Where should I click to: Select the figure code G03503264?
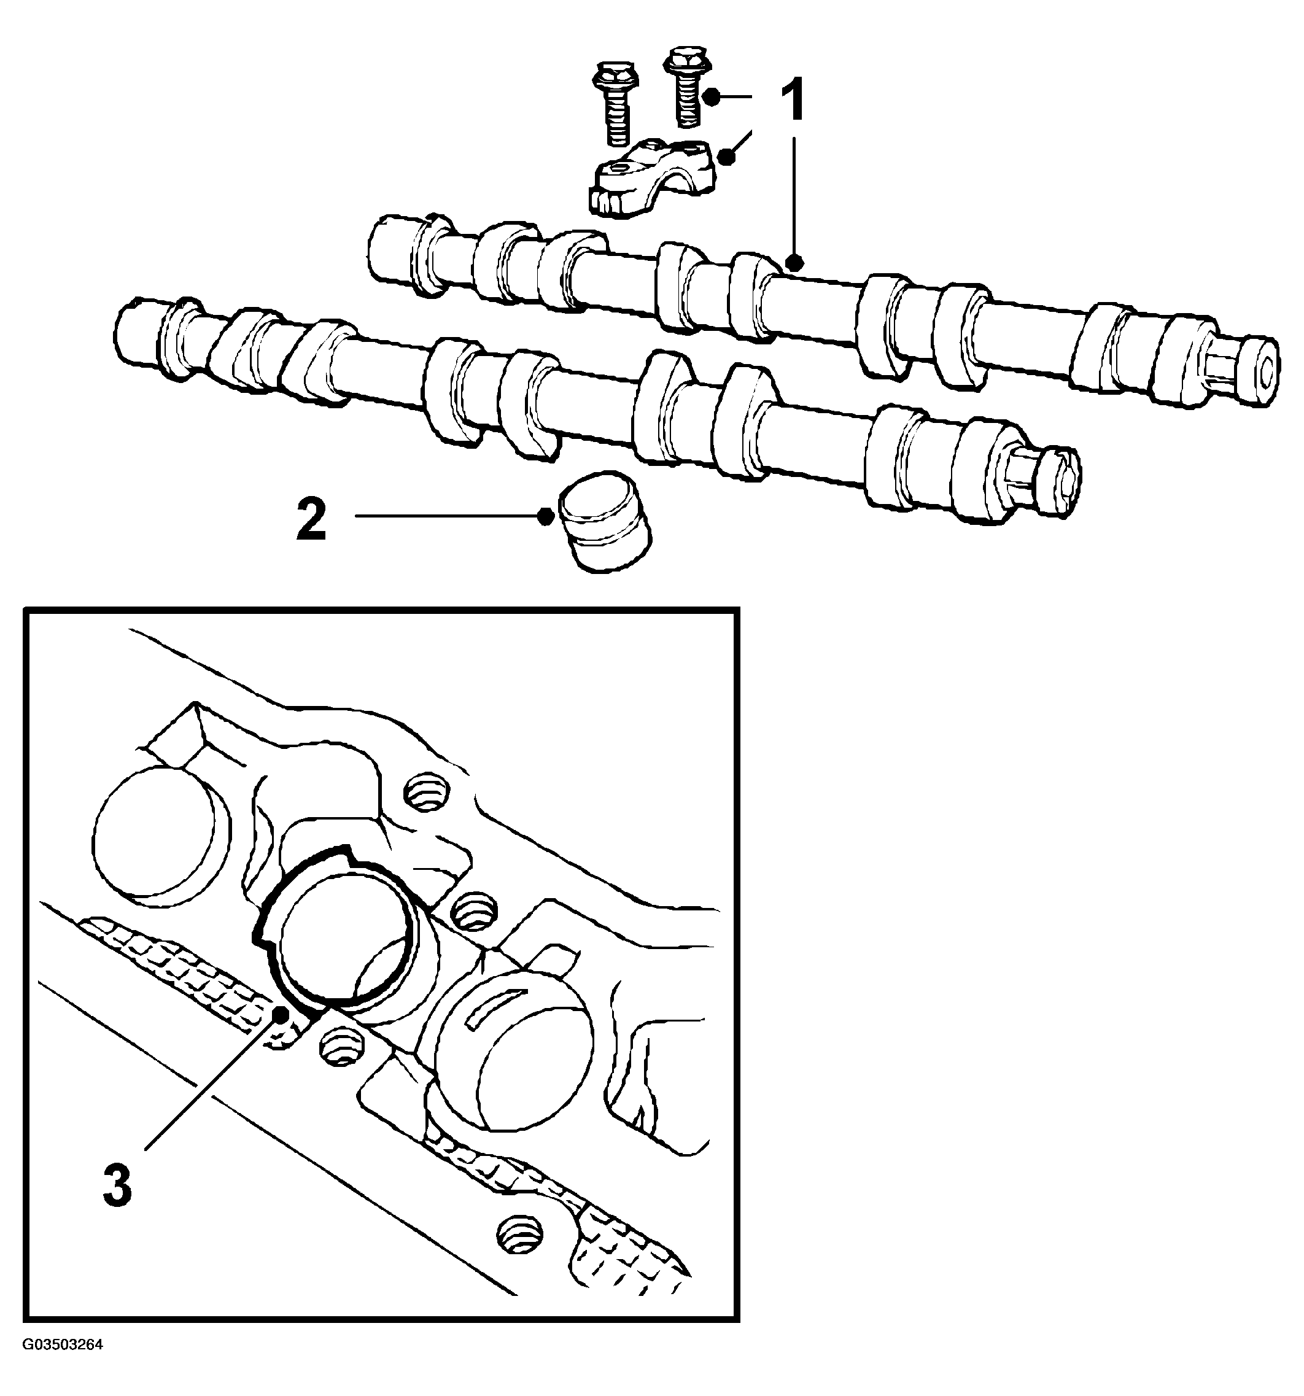pyautogui.click(x=62, y=1344)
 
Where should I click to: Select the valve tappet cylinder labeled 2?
pyautogui.click(x=604, y=522)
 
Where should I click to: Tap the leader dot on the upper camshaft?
pyautogui.click(x=794, y=264)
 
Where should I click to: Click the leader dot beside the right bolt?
pyautogui.click(x=712, y=98)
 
